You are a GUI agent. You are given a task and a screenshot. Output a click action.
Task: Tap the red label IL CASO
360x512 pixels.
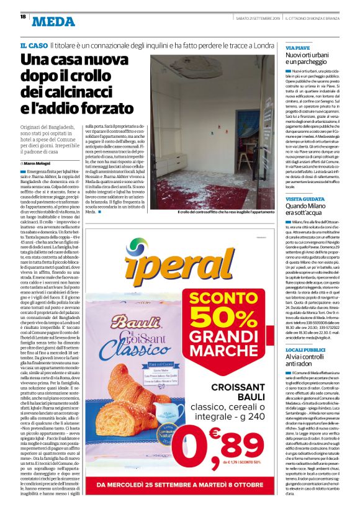point(34,47)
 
